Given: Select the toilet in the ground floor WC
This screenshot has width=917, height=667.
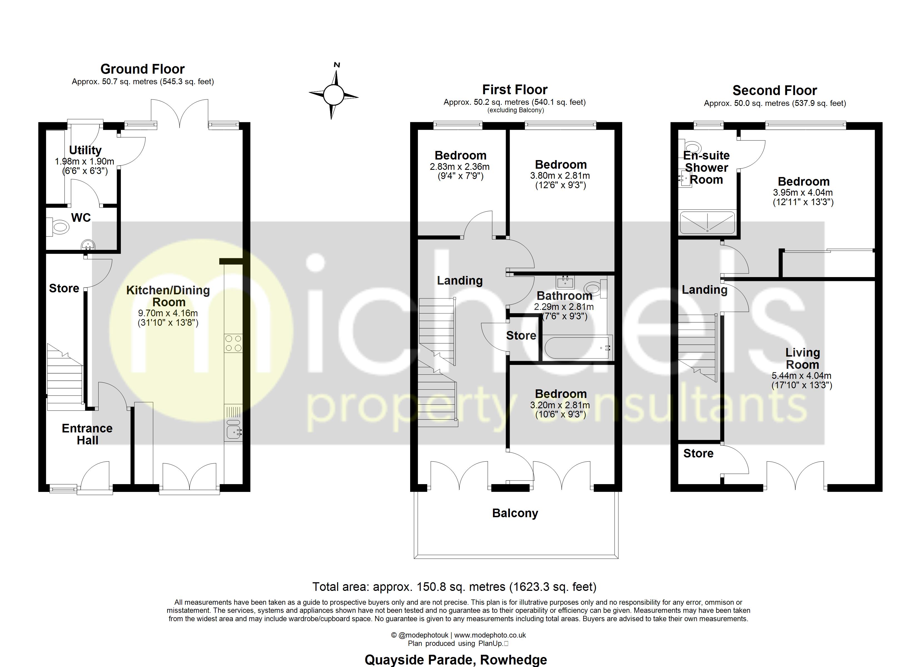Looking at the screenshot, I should [x=59, y=227].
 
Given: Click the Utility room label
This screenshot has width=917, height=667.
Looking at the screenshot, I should [x=85, y=150].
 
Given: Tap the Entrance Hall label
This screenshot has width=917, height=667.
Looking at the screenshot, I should [x=87, y=434].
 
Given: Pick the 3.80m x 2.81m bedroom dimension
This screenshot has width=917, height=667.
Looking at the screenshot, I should [x=560, y=176].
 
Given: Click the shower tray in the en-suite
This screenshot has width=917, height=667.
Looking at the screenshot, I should [x=707, y=223].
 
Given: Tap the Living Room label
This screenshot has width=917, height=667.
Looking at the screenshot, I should [x=802, y=359].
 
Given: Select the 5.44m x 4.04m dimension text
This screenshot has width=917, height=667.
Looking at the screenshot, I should [x=801, y=376].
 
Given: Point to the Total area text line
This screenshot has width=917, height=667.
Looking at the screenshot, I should [x=454, y=586].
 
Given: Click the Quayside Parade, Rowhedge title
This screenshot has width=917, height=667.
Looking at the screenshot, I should [x=456, y=660].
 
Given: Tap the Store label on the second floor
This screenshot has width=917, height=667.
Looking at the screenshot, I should [x=698, y=454].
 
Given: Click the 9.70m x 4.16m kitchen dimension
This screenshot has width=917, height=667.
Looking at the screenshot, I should [x=168, y=313].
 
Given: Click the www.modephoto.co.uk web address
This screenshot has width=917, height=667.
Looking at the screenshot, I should [x=490, y=635].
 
